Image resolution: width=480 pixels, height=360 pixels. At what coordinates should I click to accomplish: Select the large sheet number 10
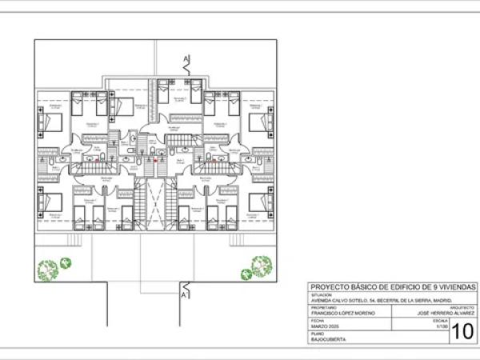pos(463,330)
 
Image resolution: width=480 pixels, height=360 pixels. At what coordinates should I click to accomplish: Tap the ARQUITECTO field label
pos(462,307)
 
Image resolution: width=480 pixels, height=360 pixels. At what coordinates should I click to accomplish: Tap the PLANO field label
pos(317,334)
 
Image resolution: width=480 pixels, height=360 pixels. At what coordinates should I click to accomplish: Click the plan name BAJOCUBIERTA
pos(328,341)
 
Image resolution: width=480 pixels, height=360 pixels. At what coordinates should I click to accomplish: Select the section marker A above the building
pos(186,58)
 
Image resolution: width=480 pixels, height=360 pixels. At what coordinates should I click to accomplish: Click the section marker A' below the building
pos(186,295)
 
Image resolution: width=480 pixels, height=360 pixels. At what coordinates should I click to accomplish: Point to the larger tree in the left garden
pos(48,270)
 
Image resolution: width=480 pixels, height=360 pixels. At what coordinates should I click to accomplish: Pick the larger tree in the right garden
pos(260,266)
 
